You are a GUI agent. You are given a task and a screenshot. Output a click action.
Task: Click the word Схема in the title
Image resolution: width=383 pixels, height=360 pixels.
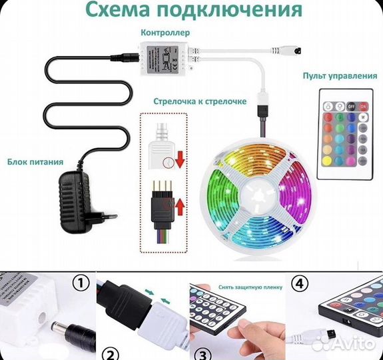129,11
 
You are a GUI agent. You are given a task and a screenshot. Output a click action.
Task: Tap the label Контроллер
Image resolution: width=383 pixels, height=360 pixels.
165,32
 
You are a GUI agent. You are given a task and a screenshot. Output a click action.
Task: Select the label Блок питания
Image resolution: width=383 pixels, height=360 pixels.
36,161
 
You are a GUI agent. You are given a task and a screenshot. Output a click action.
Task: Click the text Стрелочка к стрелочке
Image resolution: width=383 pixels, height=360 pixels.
200,101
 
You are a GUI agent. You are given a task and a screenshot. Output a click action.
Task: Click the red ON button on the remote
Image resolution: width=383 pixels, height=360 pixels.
362,105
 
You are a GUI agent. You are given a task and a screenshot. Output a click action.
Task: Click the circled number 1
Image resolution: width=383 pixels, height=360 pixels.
80,284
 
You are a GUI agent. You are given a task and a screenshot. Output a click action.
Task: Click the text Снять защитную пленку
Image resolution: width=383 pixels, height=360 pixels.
237,287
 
